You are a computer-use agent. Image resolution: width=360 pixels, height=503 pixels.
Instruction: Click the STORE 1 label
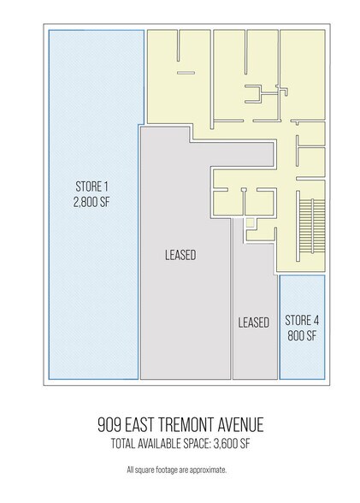click(93, 188)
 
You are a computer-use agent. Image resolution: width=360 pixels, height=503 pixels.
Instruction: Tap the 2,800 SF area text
click(93, 204)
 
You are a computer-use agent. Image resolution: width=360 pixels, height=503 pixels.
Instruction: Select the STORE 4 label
click(302, 321)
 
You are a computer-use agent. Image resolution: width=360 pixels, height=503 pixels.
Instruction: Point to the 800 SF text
click(302, 335)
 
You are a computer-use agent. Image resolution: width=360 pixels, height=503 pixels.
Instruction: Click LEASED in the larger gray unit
click(180, 254)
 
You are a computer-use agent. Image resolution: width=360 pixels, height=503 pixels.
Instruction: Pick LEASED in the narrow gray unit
click(254, 323)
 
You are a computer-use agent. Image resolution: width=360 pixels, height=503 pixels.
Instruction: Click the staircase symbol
click(309, 227)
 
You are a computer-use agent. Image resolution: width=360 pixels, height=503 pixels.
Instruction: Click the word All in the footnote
click(130, 470)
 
